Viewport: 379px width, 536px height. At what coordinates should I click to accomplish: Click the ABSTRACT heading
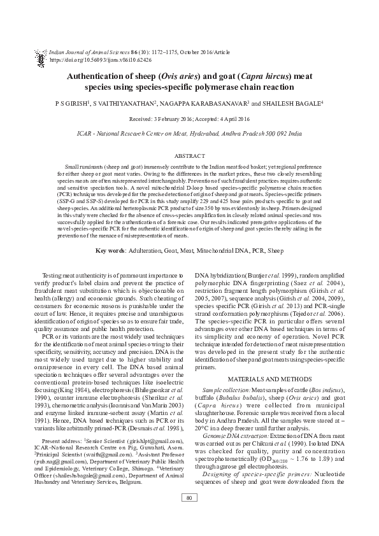[189, 156]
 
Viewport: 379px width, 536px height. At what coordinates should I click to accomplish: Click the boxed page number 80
[189, 515]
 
